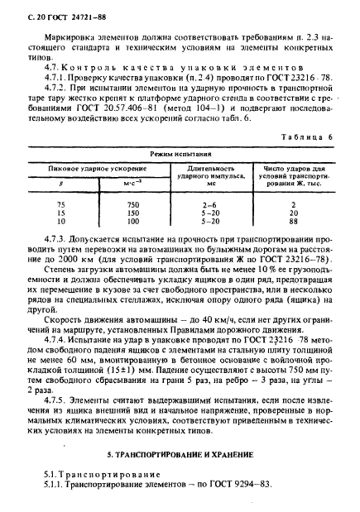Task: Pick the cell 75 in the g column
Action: [x=59, y=203]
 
